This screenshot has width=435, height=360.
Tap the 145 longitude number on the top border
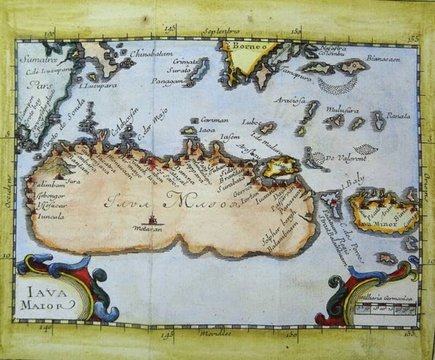(x=171, y=30)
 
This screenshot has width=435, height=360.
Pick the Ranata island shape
(x=378, y=120)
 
